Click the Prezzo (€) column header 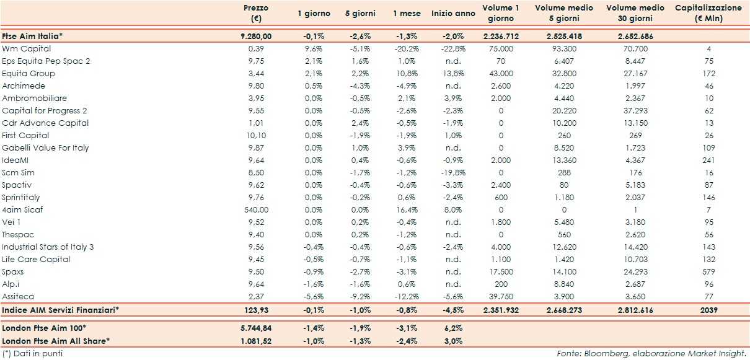(x=256, y=13)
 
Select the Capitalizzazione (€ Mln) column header (x=708, y=13)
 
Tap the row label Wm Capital (x=27, y=48)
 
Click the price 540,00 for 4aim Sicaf (x=257, y=209)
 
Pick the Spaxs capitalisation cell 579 (x=708, y=271)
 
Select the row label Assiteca (x=19, y=296)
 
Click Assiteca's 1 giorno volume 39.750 (x=500, y=296)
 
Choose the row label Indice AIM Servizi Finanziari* (x=61, y=309)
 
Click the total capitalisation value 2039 (x=708, y=309)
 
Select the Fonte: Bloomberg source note (x=650, y=353)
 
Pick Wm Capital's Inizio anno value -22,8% (x=452, y=48)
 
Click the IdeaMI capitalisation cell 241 (x=708, y=160)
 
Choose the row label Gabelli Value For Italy (x=45, y=147)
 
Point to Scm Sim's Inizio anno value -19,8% (x=452, y=172)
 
